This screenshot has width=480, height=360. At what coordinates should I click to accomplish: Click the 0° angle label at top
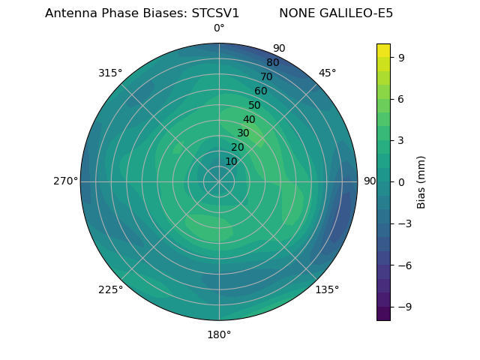(x=219, y=28)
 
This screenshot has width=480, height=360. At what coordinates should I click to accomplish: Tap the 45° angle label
(x=327, y=73)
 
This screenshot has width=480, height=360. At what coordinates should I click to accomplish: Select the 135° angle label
(x=327, y=289)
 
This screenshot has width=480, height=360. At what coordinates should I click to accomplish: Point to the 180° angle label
(x=219, y=334)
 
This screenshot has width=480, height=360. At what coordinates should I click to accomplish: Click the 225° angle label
(x=110, y=289)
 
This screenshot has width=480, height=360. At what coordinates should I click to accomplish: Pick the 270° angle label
(x=65, y=181)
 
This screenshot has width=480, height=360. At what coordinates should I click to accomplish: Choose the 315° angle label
(x=110, y=73)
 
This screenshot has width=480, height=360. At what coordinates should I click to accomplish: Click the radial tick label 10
(x=231, y=161)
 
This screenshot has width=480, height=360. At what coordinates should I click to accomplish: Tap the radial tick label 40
(x=249, y=119)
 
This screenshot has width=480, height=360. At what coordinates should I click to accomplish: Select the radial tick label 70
(x=267, y=76)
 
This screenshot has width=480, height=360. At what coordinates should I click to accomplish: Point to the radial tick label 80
(x=273, y=62)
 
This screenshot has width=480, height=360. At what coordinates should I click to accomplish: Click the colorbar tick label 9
(x=401, y=56)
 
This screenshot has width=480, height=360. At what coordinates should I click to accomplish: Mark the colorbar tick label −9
(x=403, y=307)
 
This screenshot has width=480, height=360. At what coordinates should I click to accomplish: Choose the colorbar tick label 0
(x=401, y=181)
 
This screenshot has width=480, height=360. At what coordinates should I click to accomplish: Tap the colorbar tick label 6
(x=401, y=98)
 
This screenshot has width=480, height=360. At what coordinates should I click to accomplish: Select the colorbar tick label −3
(x=403, y=223)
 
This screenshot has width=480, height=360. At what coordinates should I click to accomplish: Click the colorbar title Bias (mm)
(x=421, y=181)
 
